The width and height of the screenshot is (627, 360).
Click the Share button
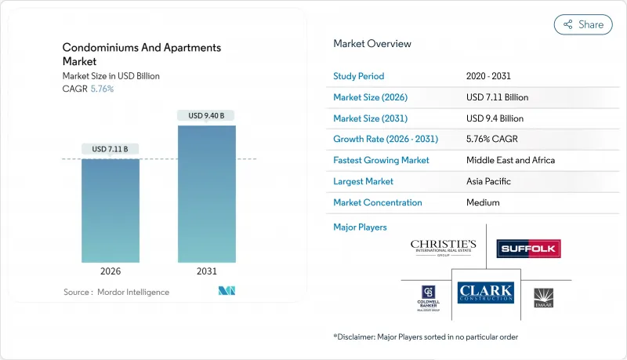pos(583,24)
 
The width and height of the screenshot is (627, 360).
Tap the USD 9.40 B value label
pos(206,116)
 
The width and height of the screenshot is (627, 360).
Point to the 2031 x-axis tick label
pos(206,272)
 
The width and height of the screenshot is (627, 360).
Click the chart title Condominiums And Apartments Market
pos(142,54)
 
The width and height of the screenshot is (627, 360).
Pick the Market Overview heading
pos(372,44)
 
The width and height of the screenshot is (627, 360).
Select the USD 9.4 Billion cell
pos(495,118)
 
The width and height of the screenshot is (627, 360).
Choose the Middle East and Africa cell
pos(510,160)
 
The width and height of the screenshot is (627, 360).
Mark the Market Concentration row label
pos(378,202)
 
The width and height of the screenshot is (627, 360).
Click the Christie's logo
pos(443,249)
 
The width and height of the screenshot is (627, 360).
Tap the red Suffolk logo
pos(528,249)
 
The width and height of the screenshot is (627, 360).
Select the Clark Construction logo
pos(485,293)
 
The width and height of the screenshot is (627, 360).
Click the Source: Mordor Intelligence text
pos(116,292)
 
